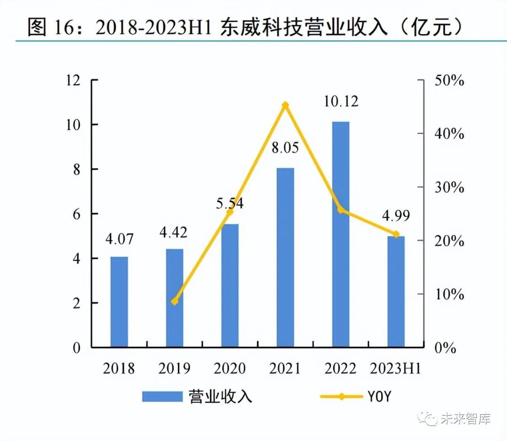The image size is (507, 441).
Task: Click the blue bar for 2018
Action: click(119, 302)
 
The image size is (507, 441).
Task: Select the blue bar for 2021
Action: click(285, 258)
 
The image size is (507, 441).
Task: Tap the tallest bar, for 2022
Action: click(340, 234)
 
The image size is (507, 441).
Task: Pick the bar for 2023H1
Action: click(396, 291)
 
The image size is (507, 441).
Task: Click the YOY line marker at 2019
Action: click(175, 301)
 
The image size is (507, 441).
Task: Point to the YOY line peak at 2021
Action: click(285, 105)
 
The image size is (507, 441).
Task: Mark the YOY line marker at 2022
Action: click(341, 210)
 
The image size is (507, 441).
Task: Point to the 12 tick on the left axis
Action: click(74, 80)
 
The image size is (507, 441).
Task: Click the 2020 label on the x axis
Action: click(230, 368)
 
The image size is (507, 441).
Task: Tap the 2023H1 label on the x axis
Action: click(395, 368)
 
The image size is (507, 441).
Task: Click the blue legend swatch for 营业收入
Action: click(162, 396)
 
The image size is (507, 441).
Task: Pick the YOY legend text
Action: click(378, 396)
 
